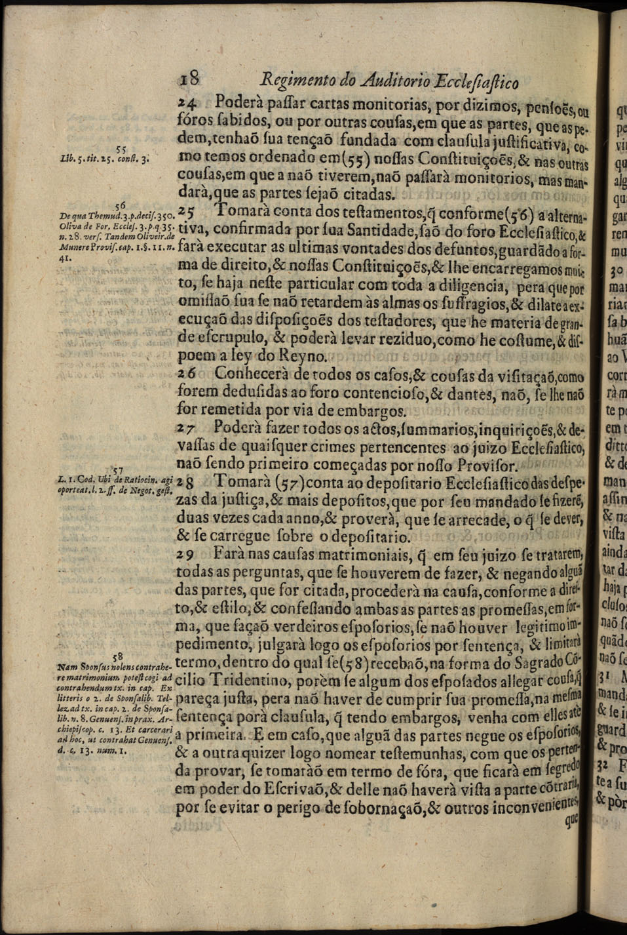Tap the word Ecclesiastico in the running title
pyautogui.click(x=480, y=83)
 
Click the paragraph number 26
pyautogui.click(x=187, y=374)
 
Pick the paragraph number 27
pyautogui.click(x=187, y=429)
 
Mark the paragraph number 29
pyautogui.click(x=187, y=555)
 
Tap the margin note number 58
pyautogui.click(x=118, y=656)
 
